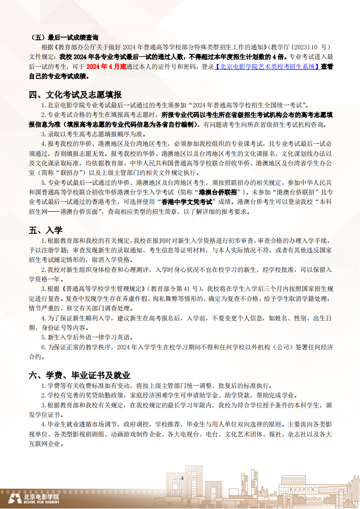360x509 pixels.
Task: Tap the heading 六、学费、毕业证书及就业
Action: [x=79, y=375]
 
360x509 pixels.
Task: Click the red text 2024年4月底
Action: [x=106, y=66]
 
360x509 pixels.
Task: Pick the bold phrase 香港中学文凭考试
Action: [x=187, y=202]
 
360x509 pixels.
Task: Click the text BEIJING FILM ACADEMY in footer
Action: [x=41, y=502]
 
